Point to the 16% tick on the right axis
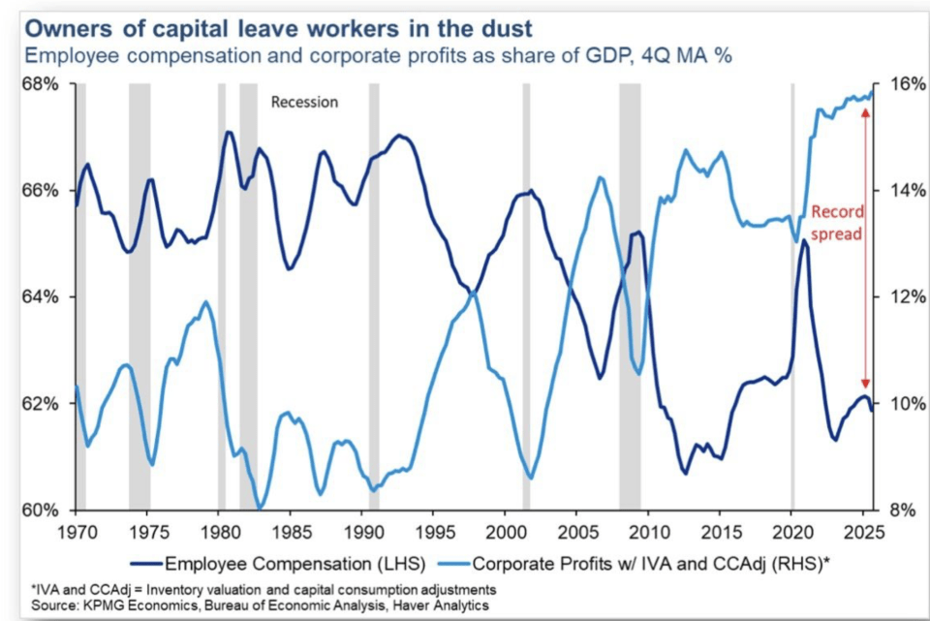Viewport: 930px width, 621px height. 895,84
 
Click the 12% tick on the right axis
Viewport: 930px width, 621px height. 895,296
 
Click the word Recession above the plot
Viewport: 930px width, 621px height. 304,102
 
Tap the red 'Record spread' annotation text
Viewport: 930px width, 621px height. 836,223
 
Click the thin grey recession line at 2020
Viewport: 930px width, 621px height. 792,291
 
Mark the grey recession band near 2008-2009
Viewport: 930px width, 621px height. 630,291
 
